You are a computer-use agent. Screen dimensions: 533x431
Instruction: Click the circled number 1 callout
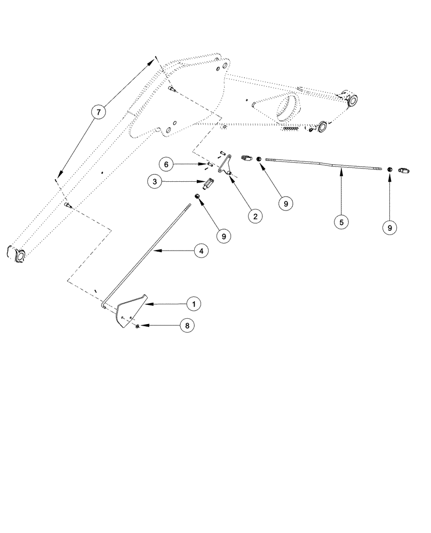point(194,304)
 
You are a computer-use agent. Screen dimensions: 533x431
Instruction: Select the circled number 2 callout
point(255,216)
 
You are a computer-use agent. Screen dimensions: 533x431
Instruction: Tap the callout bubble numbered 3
point(155,182)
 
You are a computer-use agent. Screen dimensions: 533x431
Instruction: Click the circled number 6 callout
point(166,165)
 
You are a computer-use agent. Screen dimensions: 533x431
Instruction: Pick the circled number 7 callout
point(98,112)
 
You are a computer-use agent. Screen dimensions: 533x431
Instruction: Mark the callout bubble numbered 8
point(187,325)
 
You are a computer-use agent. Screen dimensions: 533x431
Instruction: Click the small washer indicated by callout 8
point(138,325)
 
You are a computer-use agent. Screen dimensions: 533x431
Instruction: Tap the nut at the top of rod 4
point(197,197)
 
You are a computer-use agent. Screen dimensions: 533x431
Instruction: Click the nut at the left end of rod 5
point(258,158)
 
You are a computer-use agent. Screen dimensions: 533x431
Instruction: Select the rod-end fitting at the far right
point(404,171)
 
